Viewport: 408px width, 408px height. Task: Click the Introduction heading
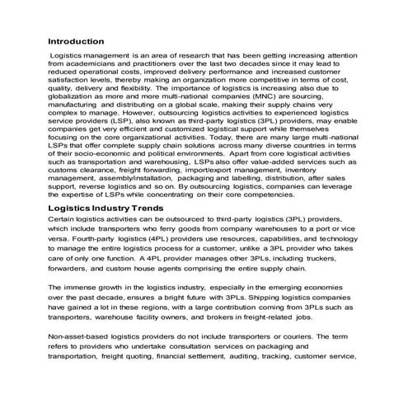point(76,40)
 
